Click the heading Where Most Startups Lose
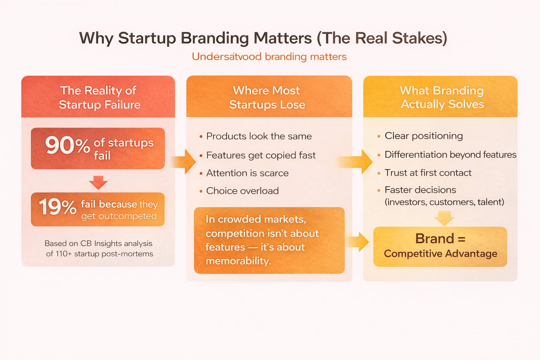267,97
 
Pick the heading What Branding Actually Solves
442,97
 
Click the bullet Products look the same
259,136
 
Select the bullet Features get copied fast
261,155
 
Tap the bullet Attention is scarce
247,173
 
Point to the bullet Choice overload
242,191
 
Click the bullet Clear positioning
423,136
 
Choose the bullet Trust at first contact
428,173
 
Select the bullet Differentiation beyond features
450,154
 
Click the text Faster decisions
420,190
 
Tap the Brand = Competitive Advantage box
440,246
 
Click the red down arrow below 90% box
98,182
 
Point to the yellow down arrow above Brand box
444,218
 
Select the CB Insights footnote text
99,249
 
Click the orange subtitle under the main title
269,57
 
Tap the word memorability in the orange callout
238,261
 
